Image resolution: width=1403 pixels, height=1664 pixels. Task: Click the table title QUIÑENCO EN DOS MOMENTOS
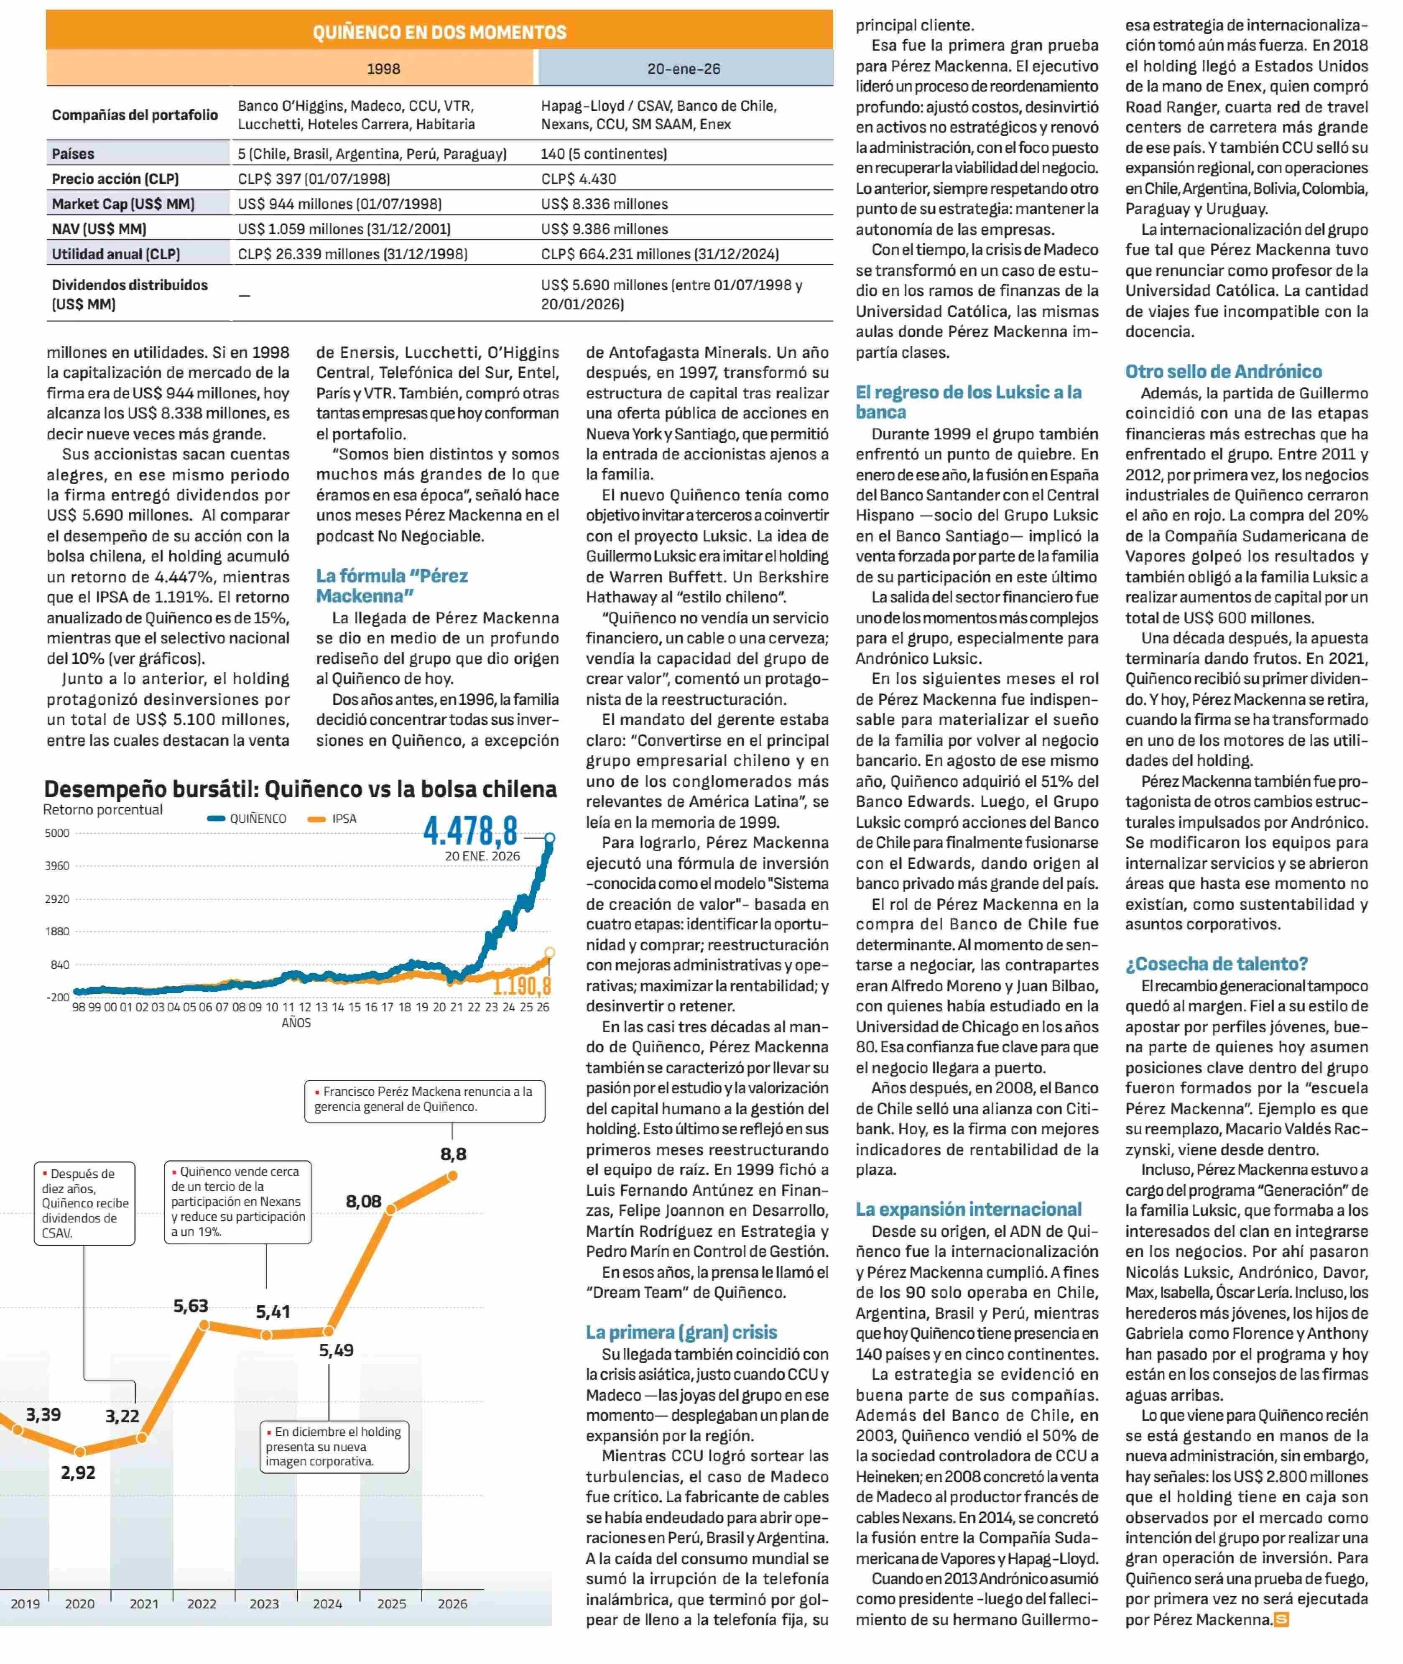(439, 32)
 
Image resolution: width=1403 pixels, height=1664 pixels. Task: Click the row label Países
(73, 153)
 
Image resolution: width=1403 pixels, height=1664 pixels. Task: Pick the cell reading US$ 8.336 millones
(605, 204)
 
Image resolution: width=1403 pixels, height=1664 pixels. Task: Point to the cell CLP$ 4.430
(578, 179)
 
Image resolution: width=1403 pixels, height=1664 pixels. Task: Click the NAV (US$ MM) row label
(99, 229)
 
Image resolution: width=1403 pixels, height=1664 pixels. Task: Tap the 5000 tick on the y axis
(57, 833)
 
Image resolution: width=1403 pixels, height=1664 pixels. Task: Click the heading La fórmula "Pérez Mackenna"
(392, 585)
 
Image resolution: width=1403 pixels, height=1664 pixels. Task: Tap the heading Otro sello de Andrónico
(1223, 371)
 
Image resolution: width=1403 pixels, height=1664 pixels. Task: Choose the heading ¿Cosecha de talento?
(1216, 964)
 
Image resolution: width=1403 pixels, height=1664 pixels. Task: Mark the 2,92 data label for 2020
(78, 1473)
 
